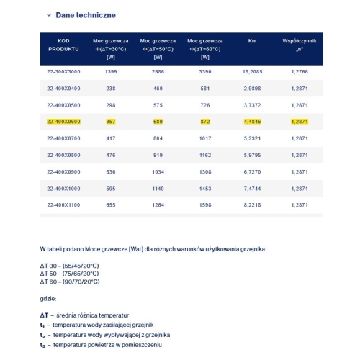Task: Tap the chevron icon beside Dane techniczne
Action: tap(49, 15)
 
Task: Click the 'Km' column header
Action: tap(252, 42)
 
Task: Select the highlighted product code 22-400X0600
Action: tap(63, 121)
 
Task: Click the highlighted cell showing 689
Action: tap(158, 121)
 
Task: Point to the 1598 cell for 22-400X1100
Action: tap(204, 204)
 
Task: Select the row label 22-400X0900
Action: tap(63, 172)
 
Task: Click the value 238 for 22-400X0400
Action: tap(110, 89)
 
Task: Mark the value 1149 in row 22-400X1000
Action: tap(158, 189)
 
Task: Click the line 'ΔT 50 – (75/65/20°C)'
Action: tap(69, 274)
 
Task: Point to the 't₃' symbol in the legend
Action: tap(43, 345)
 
